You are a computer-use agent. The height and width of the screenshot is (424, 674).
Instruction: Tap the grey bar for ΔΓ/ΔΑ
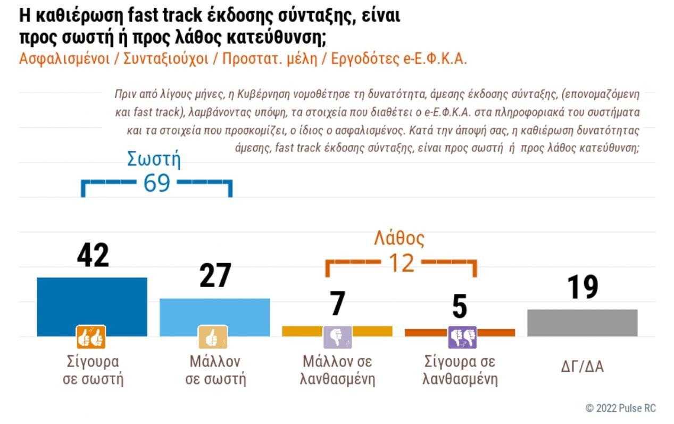point(582,322)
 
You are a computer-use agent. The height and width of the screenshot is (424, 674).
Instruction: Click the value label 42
point(93,256)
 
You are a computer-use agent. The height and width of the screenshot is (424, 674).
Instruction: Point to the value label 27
point(215,276)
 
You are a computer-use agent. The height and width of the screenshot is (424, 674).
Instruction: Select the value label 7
point(338,304)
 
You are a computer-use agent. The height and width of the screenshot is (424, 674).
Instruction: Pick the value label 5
point(459,307)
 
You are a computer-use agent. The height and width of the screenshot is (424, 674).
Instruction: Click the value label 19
point(583,288)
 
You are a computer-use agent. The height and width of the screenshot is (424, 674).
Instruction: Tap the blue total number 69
point(156,183)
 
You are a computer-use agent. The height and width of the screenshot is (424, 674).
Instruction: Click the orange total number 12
point(401,263)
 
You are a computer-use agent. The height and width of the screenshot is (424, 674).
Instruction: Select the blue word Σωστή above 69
point(154,159)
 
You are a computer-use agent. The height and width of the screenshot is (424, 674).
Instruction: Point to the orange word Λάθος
point(399,238)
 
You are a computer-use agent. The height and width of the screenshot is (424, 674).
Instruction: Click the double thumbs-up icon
point(91,337)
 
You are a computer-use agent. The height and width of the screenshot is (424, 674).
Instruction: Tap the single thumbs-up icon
point(213,337)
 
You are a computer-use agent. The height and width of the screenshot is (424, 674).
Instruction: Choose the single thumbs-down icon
point(337,337)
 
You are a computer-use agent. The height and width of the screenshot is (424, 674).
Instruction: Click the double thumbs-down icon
point(462,337)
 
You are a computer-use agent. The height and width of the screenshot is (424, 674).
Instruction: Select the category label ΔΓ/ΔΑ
point(582,366)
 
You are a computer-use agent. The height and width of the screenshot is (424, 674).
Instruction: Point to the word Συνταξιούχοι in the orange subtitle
point(165,59)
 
